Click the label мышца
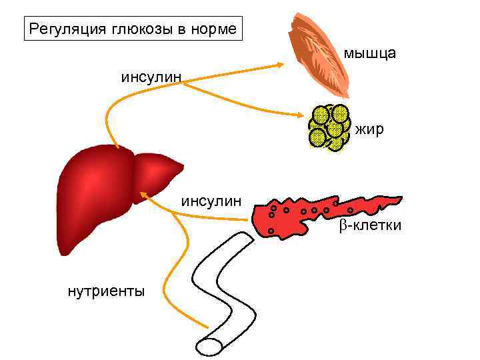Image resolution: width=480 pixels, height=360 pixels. tap(371, 53)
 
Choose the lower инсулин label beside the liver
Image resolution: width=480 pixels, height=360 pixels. tap(212, 201)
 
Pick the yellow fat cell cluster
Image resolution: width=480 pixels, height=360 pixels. tap(329, 126)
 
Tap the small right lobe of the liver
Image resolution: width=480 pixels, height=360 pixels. tap(160, 173)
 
